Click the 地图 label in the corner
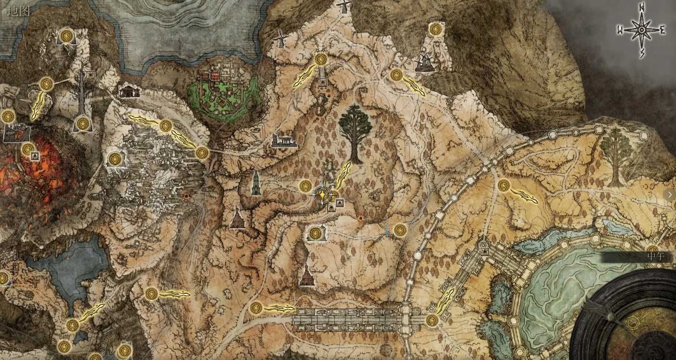[19, 11]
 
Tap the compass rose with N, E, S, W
[641, 30]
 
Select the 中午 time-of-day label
[655, 256]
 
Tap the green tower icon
[256, 183]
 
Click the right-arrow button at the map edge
[669, 195]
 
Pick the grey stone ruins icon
[283, 141]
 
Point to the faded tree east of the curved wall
[615, 156]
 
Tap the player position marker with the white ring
[322, 195]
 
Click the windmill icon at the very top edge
[344, 6]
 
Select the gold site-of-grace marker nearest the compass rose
[436, 29]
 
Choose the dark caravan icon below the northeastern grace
[425, 63]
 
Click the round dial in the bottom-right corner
[629, 320]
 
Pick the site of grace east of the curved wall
[504, 185]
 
